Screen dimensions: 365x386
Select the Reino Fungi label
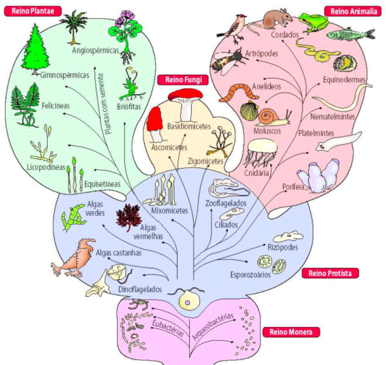[179, 80]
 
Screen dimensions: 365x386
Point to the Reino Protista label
[331, 274]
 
